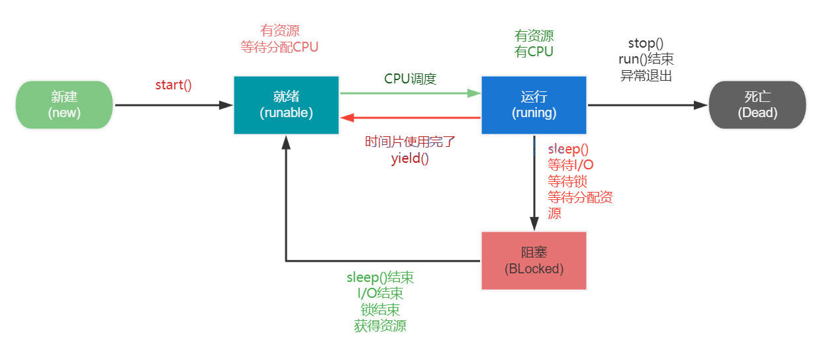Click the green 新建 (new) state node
pyautogui.click(x=64, y=105)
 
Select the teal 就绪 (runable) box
pyautogui.click(x=286, y=105)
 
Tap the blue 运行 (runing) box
pyautogui.click(x=534, y=105)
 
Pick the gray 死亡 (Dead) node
pyautogui.click(x=758, y=105)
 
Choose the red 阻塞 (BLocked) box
pyautogui.click(x=534, y=261)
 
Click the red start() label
pyautogui.click(x=173, y=85)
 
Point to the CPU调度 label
pyautogui.click(x=410, y=79)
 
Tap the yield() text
pyautogui.click(x=410, y=158)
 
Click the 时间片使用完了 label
pyautogui.click(x=410, y=142)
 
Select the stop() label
pyautogui.click(x=646, y=44)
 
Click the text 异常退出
pyautogui.click(x=646, y=75)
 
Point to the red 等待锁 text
pyautogui.click(x=567, y=181)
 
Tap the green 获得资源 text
pyautogui.click(x=380, y=326)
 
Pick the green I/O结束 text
pyautogui.click(x=380, y=293)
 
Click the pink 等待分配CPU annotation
pyautogui.click(x=279, y=47)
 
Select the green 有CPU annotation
pyautogui.click(x=534, y=52)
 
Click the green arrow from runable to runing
pyautogui.click(x=411, y=93)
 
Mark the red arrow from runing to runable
pyautogui.click(x=411, y=118)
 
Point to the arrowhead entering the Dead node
pyautogui.click(x=701, y=105)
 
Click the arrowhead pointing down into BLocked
pyautogui.click(x=534, y=224)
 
